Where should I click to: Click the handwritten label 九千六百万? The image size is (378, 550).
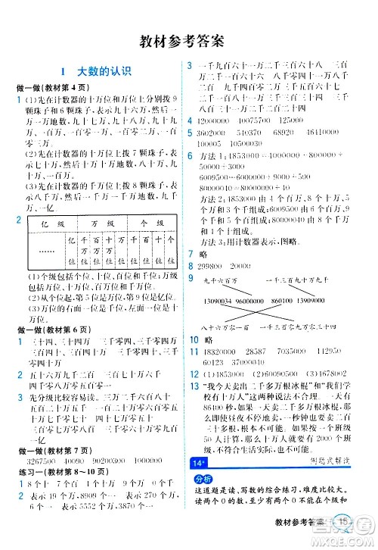pos(222,281)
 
